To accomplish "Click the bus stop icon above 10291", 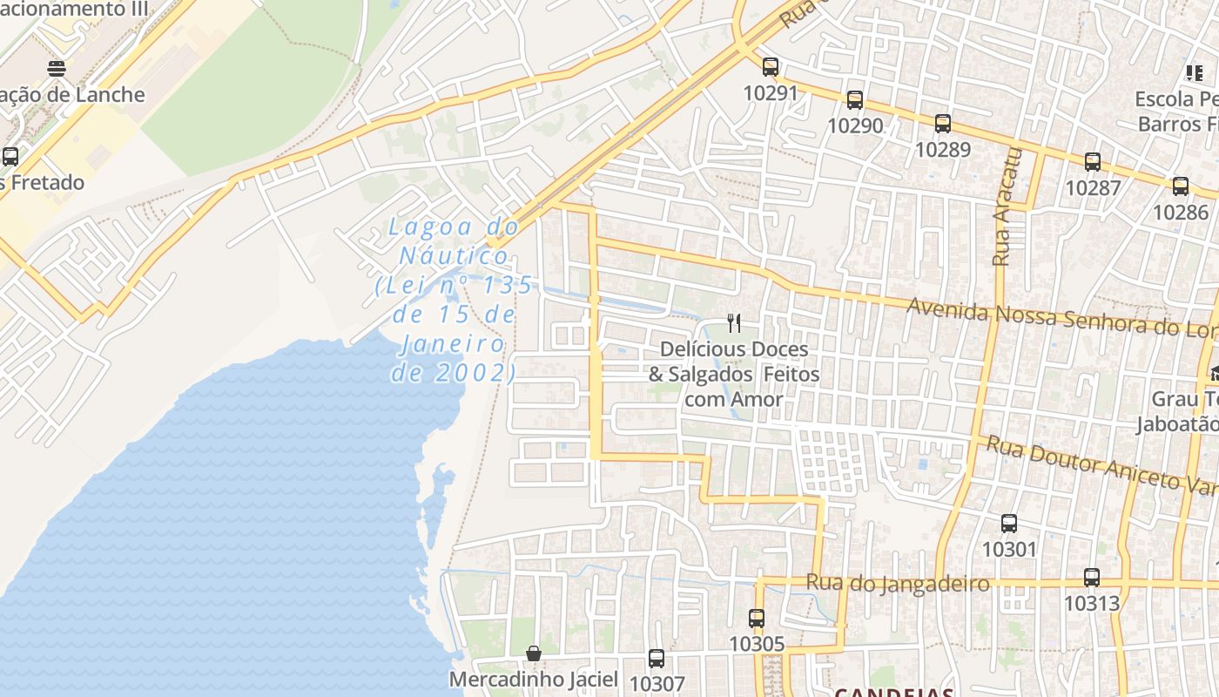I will (x=770, y=66).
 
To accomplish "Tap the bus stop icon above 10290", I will (x=854, y=100).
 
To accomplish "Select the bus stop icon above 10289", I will (x=942, y=124).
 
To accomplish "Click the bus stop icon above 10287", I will (x=1092, y=161).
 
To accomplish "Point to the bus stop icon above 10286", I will (x=1180, y=186).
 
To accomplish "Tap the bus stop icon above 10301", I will (x=1008, y=524).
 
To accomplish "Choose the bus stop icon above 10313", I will (x=1091, y=577).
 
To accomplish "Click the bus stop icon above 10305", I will (x=756, y=619).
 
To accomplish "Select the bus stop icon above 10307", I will (x=656, y=659).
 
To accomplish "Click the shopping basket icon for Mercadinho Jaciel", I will (x=533, y=653).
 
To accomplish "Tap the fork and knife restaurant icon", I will (x=734, y=323).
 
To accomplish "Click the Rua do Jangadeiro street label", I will (x=898, y=583).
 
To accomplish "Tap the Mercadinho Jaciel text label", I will (x=533, y=679).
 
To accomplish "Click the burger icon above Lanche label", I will (x=57, y=69).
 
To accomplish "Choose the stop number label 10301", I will (x=1009, y=550).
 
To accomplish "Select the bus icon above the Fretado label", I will (x=10, y=157).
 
